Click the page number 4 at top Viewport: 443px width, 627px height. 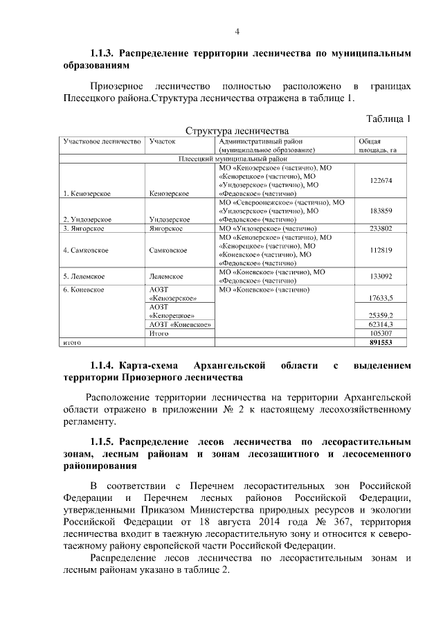[x=237, y=32]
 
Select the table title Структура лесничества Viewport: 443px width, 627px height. [x=236, y=130]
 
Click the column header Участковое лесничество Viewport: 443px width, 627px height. [x=102, y=141]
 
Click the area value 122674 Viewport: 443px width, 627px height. [x=381, y=180]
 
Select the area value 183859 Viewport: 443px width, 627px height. [x=381, y=211]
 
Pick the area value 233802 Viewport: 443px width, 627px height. [x=381, y=227]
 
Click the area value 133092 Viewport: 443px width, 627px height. [x=381, y=277]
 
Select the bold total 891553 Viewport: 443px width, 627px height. [x=381, y=342]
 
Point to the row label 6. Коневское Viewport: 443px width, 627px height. [x=84, y=290]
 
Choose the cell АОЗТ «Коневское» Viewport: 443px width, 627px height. [x=180, y=324]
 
